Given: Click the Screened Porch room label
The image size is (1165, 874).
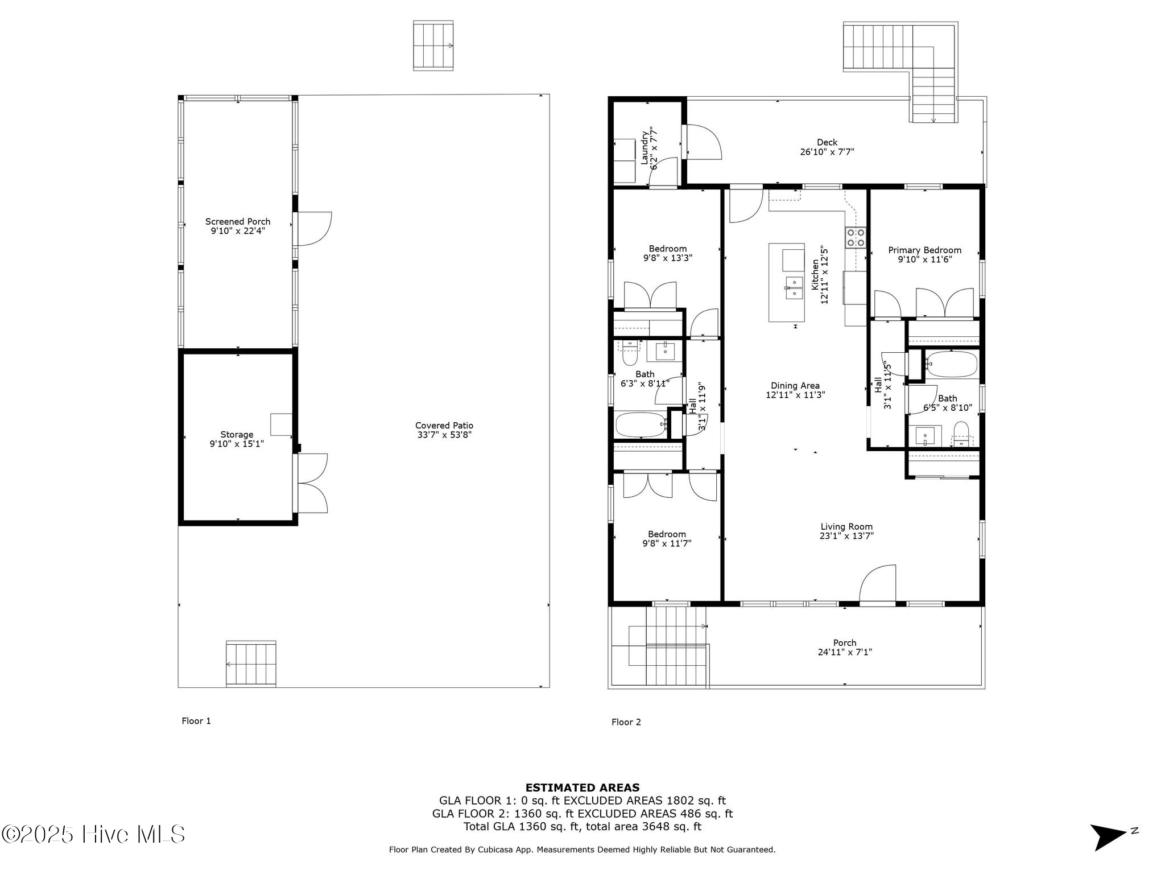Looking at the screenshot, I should pos(238,222).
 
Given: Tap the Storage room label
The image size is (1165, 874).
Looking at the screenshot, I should pos(237,435).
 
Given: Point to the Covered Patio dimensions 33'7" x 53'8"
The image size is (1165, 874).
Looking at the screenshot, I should pos(444,435).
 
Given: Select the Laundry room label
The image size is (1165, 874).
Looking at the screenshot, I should pos(645,148).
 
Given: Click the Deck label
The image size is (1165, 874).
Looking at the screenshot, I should pos(827,143).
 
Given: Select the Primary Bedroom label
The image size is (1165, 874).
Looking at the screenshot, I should pos(925,250).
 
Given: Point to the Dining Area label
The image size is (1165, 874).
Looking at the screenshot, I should pos(795,386).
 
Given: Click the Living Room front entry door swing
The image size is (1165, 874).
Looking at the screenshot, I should pos(877,583).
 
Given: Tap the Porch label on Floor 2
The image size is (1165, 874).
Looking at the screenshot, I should pos(845,643).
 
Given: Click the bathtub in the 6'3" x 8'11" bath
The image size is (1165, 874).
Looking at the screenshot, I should pos(641,424).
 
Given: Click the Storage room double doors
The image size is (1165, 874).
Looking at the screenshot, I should pos(312,483).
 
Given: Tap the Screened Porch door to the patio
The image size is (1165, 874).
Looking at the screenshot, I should pos(313,229).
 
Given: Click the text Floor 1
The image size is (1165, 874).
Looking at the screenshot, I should pos(196,721).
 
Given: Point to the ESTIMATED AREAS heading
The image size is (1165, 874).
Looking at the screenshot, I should pos(582,788).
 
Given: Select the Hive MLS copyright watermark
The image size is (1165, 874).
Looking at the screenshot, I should pos(93,834).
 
